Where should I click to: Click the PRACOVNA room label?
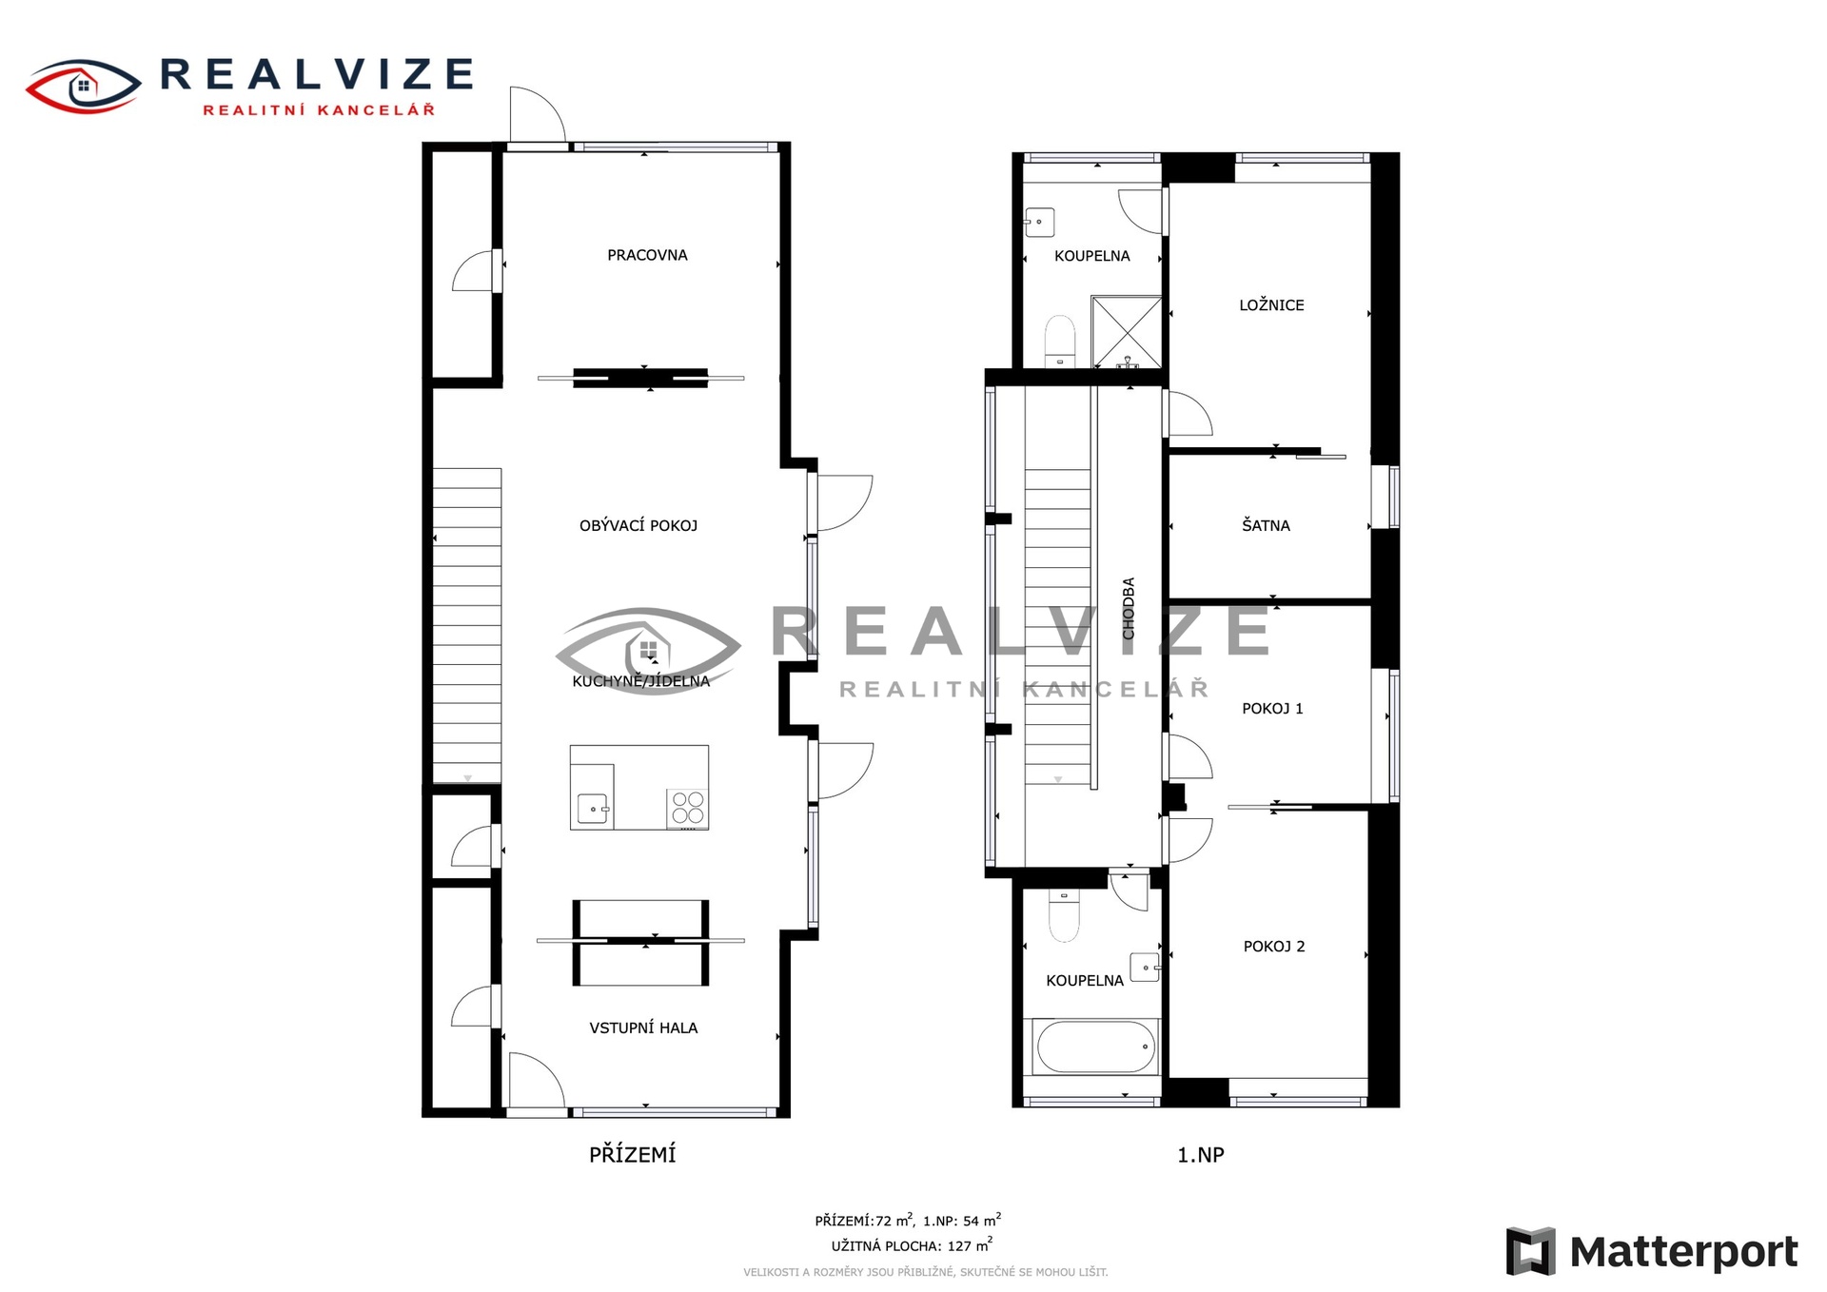(647, 255)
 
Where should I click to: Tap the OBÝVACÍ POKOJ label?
(638, 525)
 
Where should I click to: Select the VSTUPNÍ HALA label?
(643, 1028)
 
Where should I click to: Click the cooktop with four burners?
(688, 808)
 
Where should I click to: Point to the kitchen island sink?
(593, 810)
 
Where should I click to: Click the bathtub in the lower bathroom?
(1095, 1047)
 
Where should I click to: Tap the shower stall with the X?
(1127, 332)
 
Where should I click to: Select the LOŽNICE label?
(1271, 305)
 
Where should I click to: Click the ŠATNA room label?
(1266, 525)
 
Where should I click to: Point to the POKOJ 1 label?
(1272, 708)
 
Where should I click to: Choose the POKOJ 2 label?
(1274, 946)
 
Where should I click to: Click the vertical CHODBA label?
(1129, 609)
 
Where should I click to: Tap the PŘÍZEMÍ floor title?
(633, 1154)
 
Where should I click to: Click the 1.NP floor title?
(1201, 1155)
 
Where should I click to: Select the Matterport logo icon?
(1531, 1251)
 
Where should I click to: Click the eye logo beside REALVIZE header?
(84, 87)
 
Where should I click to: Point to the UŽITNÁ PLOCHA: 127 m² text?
(912, 1245)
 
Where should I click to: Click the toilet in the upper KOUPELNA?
(1060, 341)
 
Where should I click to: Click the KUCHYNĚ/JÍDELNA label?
(640, 681)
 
